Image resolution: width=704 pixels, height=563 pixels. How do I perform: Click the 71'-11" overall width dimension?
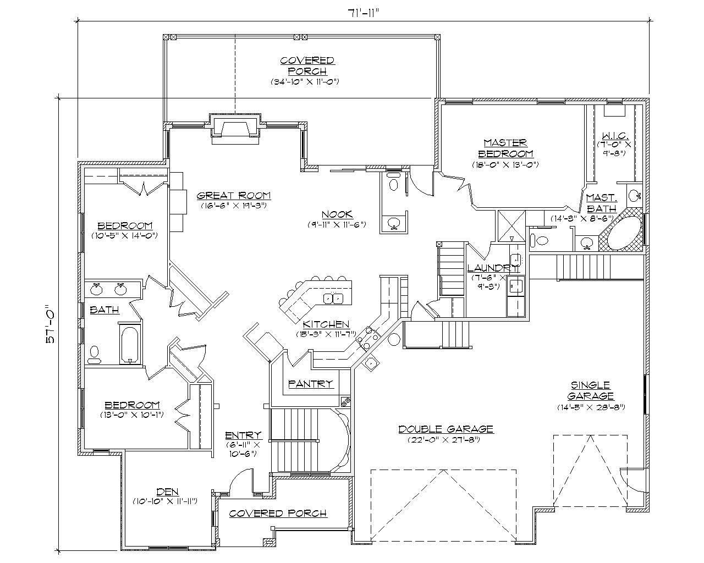pyautogui.click(x=362, y=13)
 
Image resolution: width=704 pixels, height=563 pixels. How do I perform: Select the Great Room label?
pyautogui.click(x=234, y=195)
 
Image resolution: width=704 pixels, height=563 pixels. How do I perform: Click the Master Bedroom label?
pyautogui.click(x=505, y=148)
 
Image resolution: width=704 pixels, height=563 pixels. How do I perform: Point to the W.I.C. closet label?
pyautogui.click(x=612, y=135)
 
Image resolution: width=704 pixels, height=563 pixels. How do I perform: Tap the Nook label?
pyautogui.click(x=337, y=214)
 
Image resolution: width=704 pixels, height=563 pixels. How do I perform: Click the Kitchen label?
pyautogui.click(x=326, y=324)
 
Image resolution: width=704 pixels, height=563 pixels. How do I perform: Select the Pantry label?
pyautogui.click(x=311, y=384)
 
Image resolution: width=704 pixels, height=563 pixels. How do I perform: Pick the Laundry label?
pyautogui.click(x=492, y=268)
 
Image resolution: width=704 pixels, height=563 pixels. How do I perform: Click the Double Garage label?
pyautogui.click(x=446, y=429)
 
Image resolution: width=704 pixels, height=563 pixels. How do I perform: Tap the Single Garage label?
pyautogui.click(x=590, y=390)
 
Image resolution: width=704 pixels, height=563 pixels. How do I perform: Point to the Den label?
pyautogui.click(x=167, y=492)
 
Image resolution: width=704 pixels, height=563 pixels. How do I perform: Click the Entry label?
pyautogui.click(x=243, y=435)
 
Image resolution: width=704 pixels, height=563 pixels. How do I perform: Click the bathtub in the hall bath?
pyautogui.click(x=130, y=344)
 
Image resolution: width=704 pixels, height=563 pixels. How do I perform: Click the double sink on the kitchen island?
pyautogui.click(x=334, y=299)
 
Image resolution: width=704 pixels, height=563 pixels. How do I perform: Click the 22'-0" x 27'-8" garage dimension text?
pyautogui.click(x=446, y=440)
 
